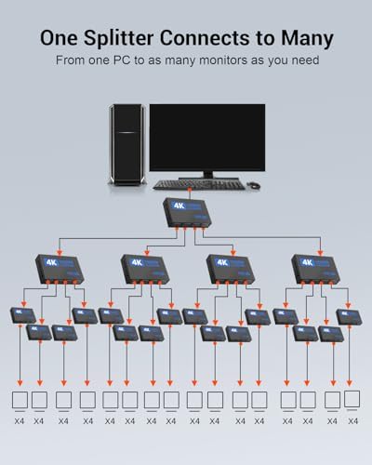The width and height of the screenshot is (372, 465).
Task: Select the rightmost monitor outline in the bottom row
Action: point(352,400)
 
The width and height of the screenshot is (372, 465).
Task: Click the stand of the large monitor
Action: point(206,174)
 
